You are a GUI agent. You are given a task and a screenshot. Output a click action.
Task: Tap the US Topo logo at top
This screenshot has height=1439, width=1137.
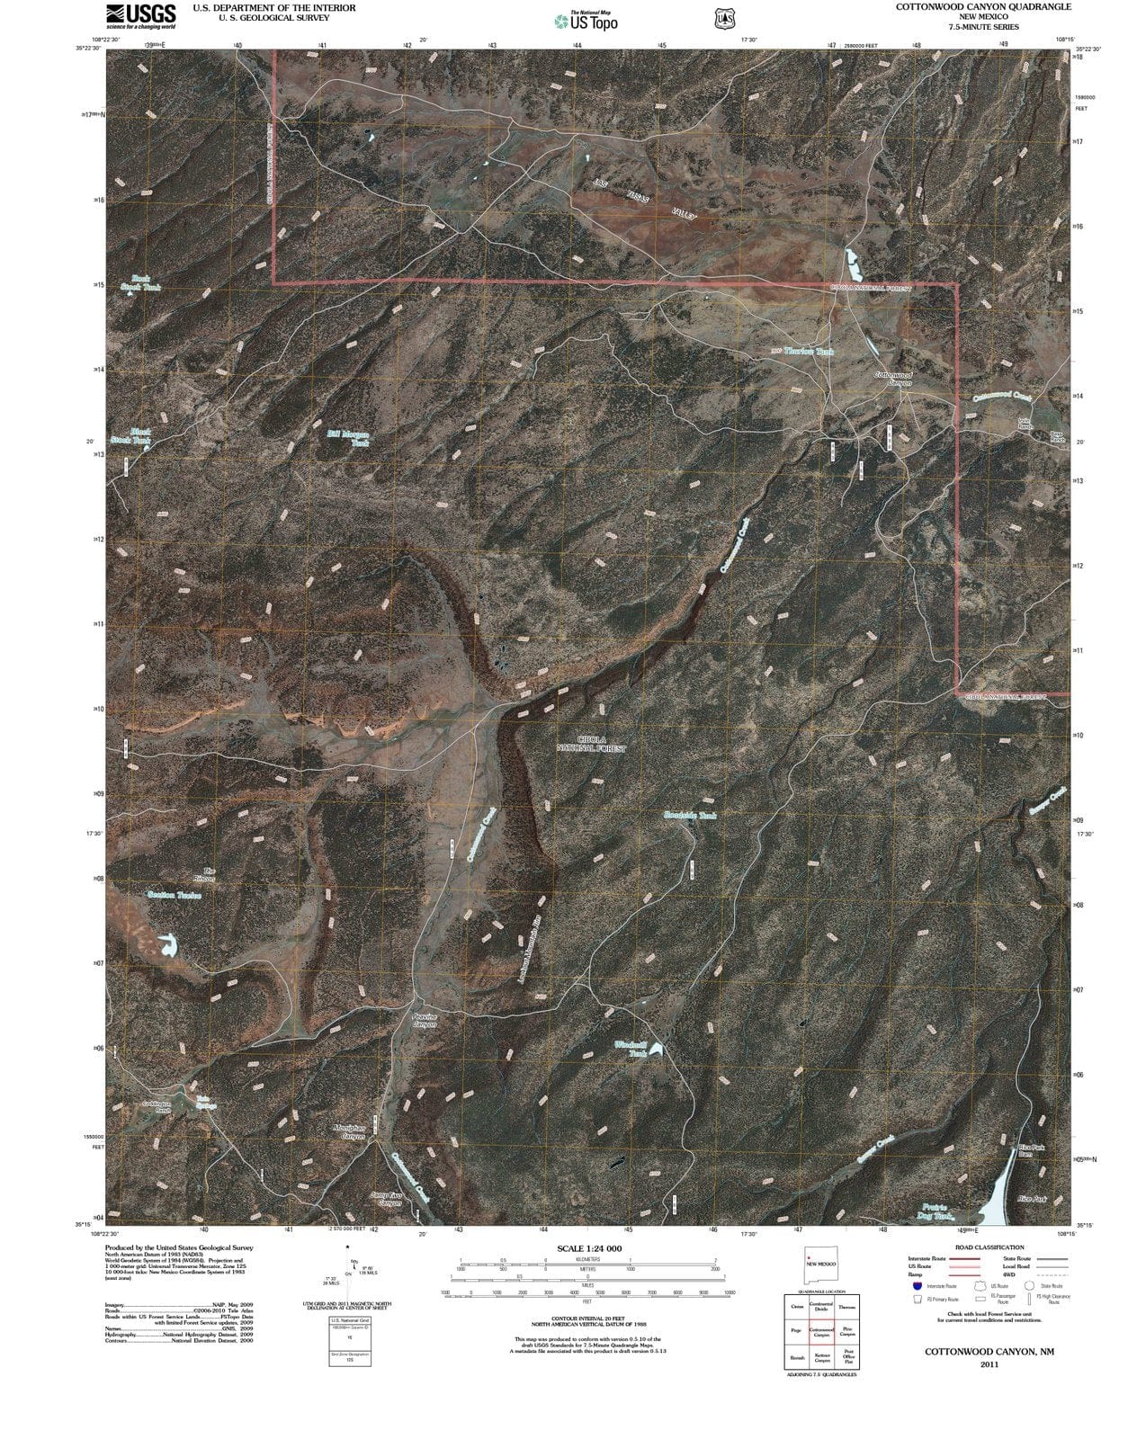click(x=586, y=21)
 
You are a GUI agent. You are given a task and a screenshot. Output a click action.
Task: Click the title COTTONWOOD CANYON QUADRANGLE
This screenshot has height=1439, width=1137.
click(x=970, y=6)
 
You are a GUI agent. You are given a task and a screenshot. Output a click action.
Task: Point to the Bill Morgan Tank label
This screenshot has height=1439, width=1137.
click(x=347, y=438)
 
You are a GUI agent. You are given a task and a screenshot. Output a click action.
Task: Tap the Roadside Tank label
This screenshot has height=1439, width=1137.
click(x=690, y=816)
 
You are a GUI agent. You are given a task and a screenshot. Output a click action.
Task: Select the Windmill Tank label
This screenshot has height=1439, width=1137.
click(x=631, y=1049)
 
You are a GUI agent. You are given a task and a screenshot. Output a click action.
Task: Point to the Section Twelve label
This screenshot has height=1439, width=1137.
click(x=174, y=895)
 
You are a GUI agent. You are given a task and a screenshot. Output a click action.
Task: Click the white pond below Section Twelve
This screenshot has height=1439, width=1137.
click(x=166, y=945)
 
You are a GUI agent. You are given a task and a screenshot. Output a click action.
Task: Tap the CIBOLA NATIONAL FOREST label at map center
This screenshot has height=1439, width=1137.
click(x=591, y=743)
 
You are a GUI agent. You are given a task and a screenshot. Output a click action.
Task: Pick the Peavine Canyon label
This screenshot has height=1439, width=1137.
click(x=425, y=1021)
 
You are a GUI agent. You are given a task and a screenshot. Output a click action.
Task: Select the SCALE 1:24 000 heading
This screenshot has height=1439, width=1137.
click(x=589, y=1249)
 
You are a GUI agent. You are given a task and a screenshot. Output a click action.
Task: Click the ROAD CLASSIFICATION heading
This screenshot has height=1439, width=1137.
click(x=990, y=1247)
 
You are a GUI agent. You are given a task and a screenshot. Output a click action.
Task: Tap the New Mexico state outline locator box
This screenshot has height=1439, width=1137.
click(x=820, y=1269)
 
